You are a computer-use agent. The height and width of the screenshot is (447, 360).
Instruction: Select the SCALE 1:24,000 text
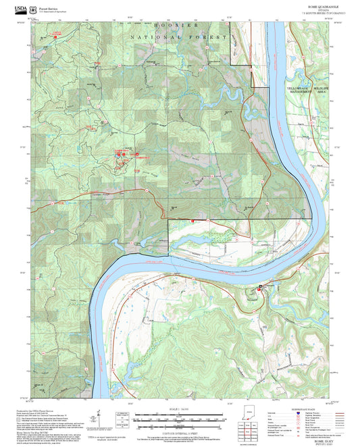(x=180, y=407)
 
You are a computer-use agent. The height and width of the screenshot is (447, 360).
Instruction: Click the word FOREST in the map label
(x=203, y=38)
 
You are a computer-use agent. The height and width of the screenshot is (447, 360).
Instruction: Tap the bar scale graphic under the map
(x=180, y=415)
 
